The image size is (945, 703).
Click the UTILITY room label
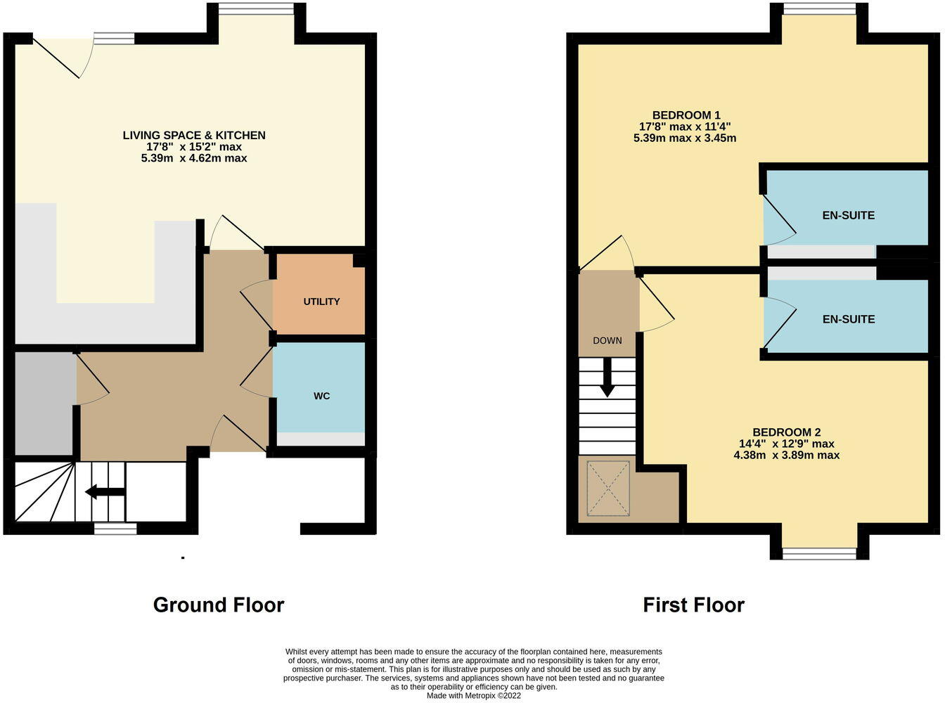coord(321,302)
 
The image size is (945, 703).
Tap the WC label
coord(321,396)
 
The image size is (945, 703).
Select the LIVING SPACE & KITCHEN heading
coord(194,135)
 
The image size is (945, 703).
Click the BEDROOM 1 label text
coord(686,115)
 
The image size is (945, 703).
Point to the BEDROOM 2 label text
coord(786,432)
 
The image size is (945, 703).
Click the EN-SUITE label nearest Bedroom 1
coord(848,215)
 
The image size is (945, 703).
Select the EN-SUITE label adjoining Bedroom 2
coord(848,319)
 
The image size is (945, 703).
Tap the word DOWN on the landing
coord(607,340)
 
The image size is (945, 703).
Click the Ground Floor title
coord(219,605)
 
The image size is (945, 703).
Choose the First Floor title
coord(693,605)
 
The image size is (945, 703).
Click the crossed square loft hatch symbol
coord(608,489)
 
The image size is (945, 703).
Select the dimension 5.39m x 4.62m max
coord(194,159)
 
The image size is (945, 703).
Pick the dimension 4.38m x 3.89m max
coord(786,455)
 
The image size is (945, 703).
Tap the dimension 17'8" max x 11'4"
coord(684,127)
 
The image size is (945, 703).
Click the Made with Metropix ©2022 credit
coord(474,696)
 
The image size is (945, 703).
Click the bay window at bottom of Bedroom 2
coord(819,553)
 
